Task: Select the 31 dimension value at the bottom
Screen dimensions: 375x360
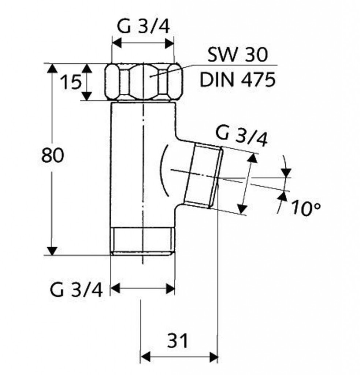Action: point(178,341)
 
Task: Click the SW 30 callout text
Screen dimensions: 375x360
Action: point(238,56)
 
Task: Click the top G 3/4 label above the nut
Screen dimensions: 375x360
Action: point(144,27)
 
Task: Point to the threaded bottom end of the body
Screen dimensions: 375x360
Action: point(143,241)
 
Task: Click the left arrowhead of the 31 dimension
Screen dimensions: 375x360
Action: point(146,356)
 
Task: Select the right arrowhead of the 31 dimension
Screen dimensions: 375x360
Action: point(214,356)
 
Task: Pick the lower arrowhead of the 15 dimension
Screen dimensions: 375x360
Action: point(87,96)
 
